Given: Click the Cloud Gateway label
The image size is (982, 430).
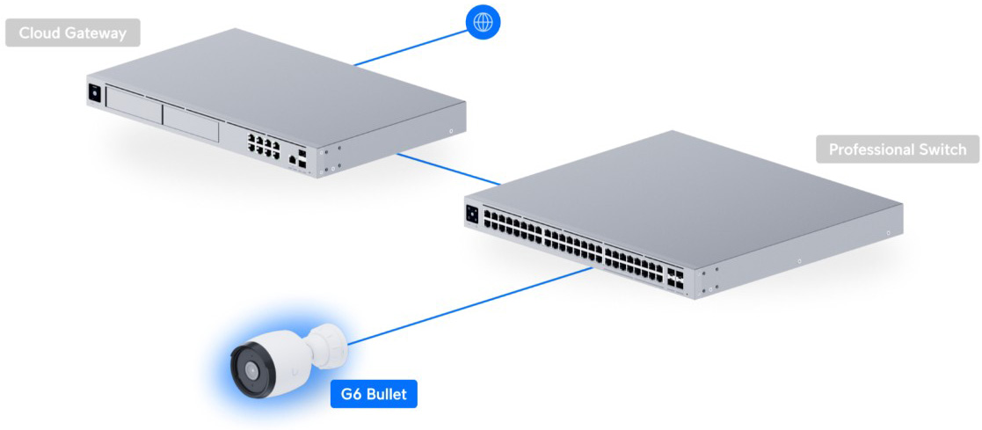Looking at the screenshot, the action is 73,33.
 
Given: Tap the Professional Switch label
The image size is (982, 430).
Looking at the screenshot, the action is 898,149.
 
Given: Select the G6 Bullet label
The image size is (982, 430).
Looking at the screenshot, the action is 374,394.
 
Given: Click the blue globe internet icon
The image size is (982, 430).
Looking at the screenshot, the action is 484,23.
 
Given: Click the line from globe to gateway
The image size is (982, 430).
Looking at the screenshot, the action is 411,47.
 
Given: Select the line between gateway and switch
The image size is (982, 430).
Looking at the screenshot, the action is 449,169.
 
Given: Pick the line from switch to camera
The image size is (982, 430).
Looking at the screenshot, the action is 469,306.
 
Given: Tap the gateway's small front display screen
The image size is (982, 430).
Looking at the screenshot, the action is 95,92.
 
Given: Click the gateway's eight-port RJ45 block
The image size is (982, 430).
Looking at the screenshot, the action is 263,143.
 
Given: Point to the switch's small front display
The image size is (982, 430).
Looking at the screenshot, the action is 472,214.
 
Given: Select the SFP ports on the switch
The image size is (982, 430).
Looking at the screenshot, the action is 676,280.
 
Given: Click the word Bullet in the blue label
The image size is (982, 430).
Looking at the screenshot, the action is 387,394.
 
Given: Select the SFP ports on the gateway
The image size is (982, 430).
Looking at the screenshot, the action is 302,158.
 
